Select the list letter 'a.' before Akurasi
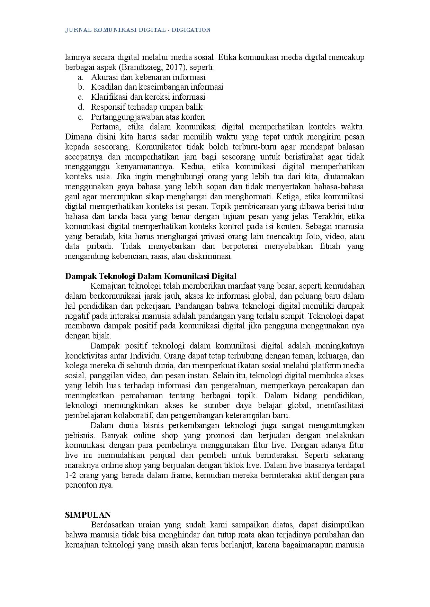pyautogui.click(x=81, y=77)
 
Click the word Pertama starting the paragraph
pyautogui.click(x=105, y=127)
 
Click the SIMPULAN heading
pyautogui.click(x=88, y=515)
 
